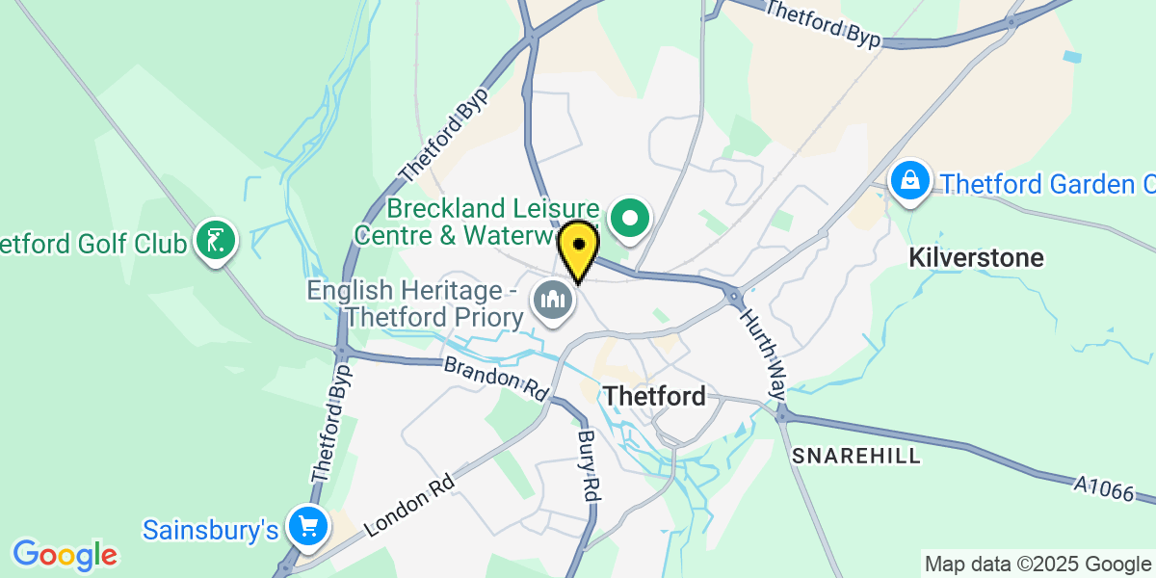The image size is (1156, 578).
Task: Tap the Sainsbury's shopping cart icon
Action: pos(308,527)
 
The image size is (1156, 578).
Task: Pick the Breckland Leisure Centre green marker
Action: pos(630,219)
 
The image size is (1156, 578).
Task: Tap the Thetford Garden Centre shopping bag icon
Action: pos(908,180)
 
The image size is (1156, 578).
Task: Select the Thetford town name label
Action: pos(654,396)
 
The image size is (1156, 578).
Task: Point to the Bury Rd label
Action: pos(589,464)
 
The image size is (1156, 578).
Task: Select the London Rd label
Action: pos(409,503)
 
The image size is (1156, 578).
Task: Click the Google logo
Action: pos(65,554)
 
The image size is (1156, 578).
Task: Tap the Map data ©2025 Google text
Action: pos(1037,564)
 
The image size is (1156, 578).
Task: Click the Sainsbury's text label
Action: pos(211,529)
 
